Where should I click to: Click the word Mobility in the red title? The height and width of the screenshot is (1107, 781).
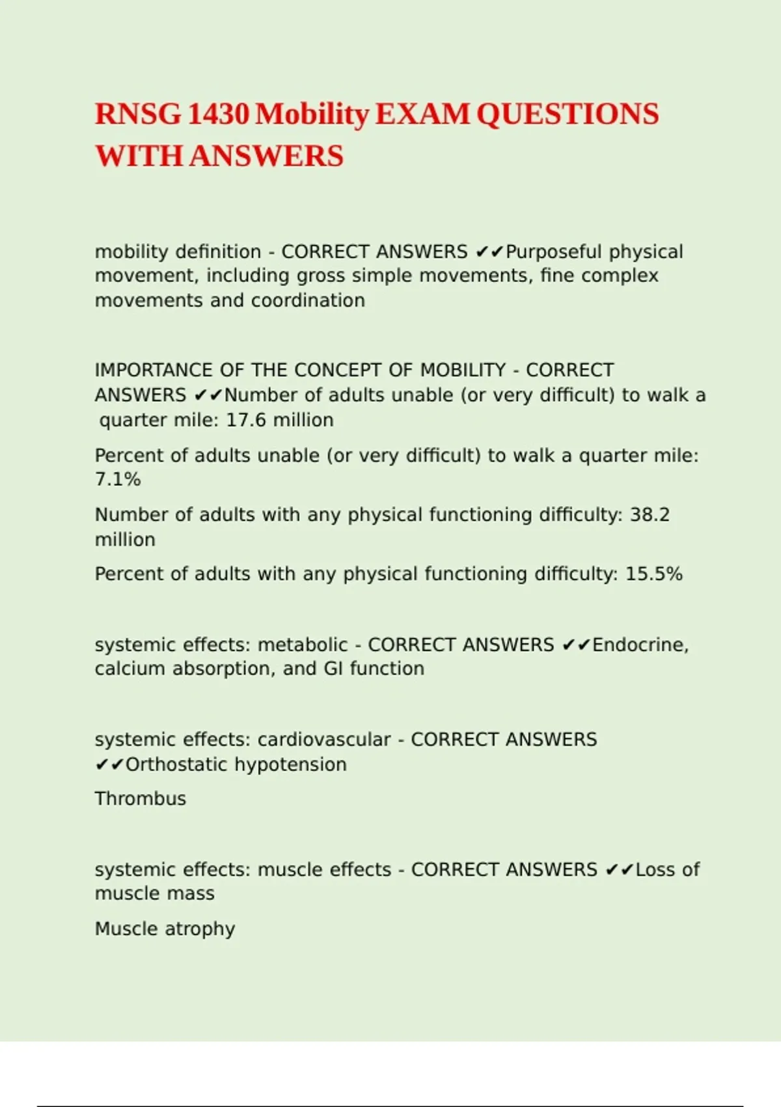pyautogui.click(x=312, y=115)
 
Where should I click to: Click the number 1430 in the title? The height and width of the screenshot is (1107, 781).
pyautogui.click(x=218, y=115)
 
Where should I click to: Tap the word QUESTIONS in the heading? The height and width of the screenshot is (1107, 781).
pyautogui.click(x=568, y=115)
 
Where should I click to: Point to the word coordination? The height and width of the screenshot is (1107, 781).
pyautogui.click(x=308, y=301)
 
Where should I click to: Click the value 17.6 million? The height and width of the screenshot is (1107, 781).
pyautogui.click(x=280, y=420)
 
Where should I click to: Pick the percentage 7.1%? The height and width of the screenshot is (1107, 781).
pyautogui.click(x=118, y=480)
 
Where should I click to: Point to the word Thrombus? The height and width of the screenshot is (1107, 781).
pyautogui.click(x=141, y=799)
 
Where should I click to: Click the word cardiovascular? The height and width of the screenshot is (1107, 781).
pyautogui.click(x=324, y=740)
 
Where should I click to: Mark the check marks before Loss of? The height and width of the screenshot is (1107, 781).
pyautogui.click(x=619, y=870)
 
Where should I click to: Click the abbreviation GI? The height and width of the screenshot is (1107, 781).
pyautogui.click(x=333, y=669)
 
